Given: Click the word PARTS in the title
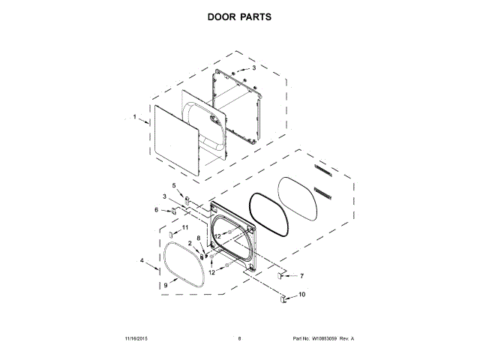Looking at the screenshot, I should click(x=256, y=16).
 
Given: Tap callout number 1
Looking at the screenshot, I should click(x=135, y=117).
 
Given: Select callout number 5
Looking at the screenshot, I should click(x=173, y=185).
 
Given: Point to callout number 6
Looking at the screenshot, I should click(x=157, y=210).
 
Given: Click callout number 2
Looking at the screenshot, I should click(x=190, y=243).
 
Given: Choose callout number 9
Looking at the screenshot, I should click(x=166, y=285).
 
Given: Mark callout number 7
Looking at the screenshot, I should click(x=301, y=276).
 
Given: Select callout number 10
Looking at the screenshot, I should click(x=302, y=295).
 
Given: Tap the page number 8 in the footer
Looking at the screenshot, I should click(x=239, y=339).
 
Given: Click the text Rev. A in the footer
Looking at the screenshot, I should click(x=346, y=339).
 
